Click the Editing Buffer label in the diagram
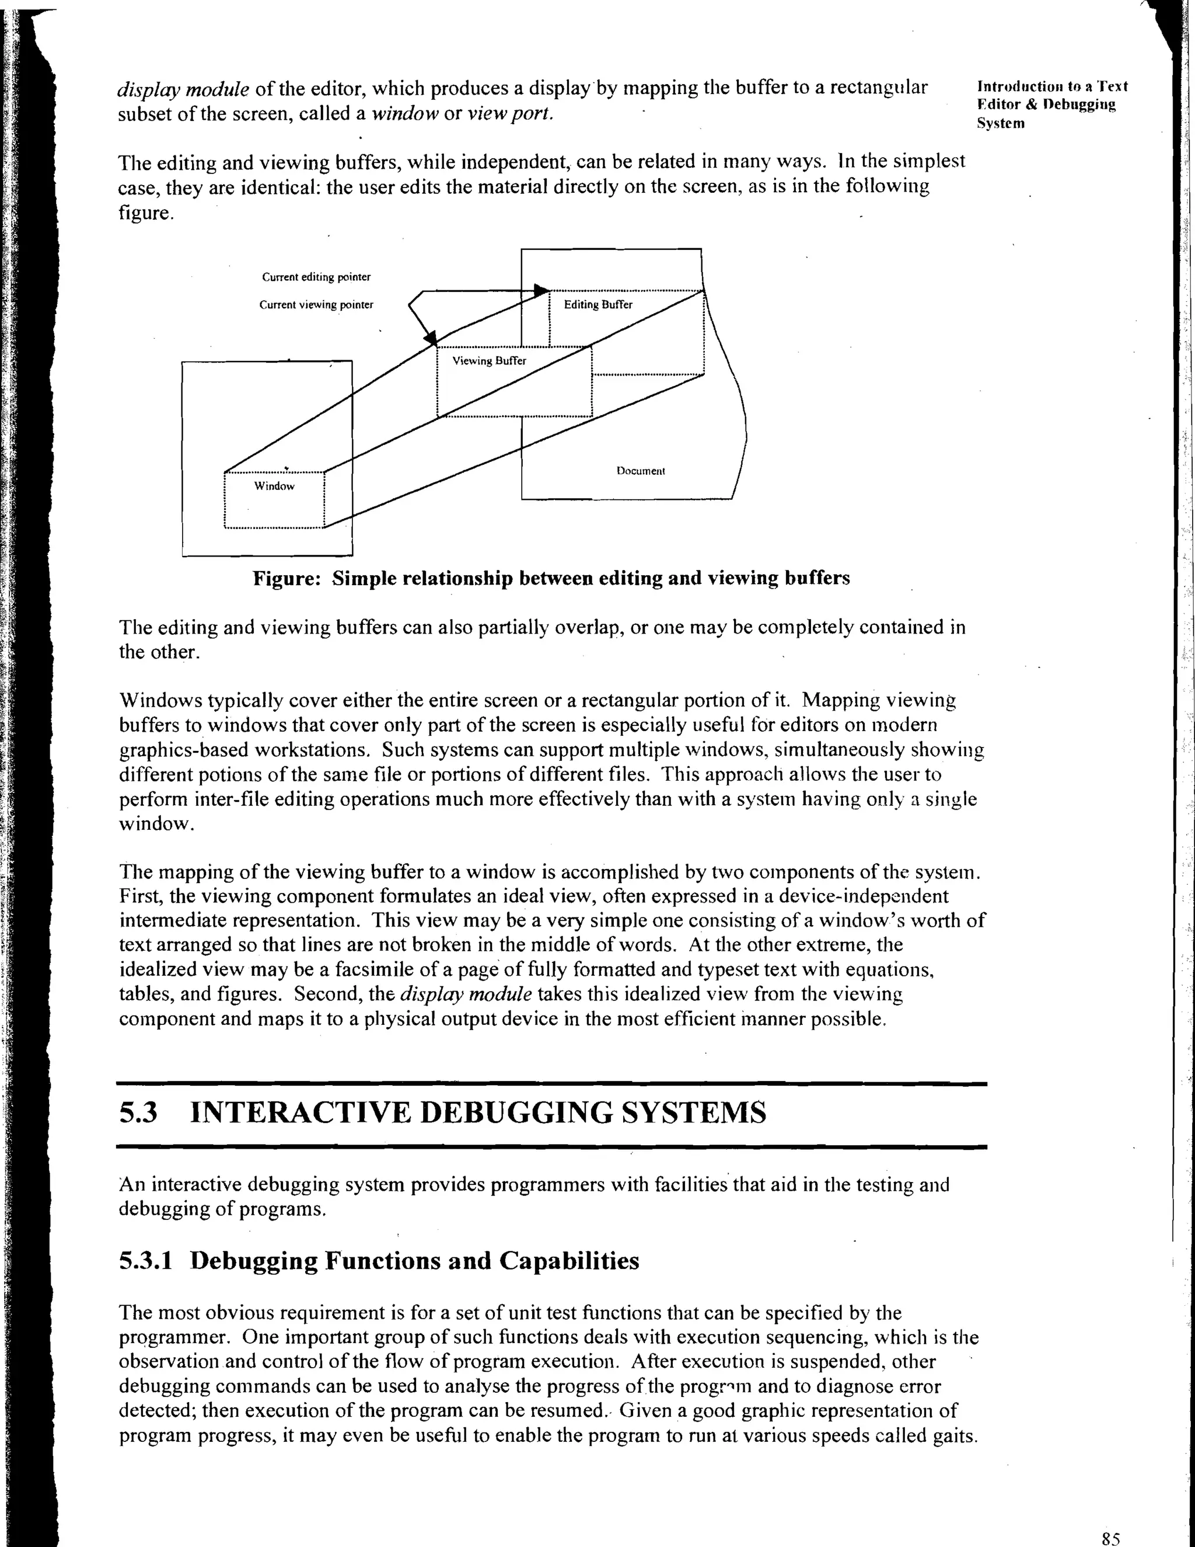[x=597, y=305]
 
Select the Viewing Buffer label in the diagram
[x=489, y=360]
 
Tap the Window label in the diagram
[x=274, y=486]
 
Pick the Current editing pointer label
[x=316, y=277]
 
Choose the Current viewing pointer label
[x=316, y=305]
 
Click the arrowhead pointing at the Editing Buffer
[x=541, y=290]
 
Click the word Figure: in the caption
[x=288, y=578]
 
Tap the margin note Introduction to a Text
[x=1051, y=86]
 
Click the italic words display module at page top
[x=183, y=89]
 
